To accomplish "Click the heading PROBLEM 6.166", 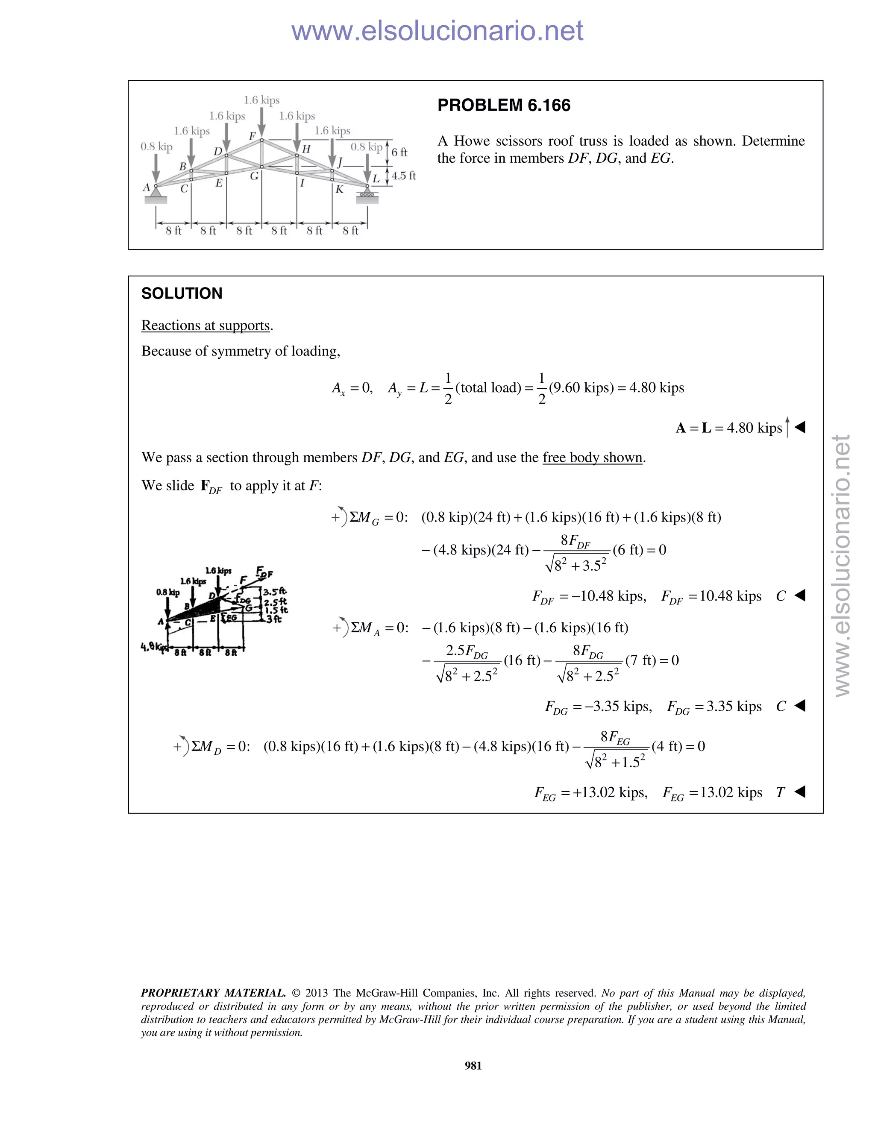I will coord(503,105).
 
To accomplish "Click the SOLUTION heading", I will coord(182,293).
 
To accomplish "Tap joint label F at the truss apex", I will coord(253,136).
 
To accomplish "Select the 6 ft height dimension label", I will coord(399,152).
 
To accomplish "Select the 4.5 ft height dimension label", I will coord(403,176).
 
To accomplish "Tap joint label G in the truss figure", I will coord(254,176).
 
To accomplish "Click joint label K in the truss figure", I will coord(340,189).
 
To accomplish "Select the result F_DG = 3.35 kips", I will coord(714,707).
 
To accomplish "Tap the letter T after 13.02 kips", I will coord(780,792).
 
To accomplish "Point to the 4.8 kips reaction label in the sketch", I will coord(151,647).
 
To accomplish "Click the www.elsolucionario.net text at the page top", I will coord(437,31).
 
